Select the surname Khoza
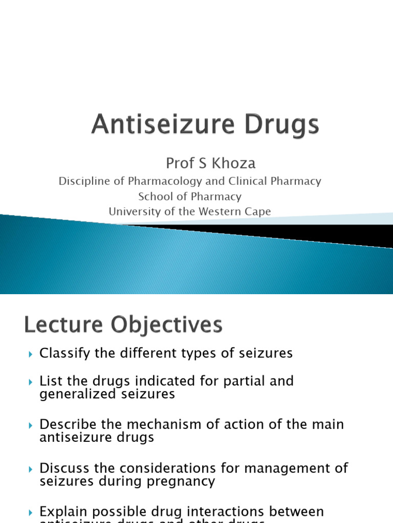(x=233, y=163)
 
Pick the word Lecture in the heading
(x=60, y=325)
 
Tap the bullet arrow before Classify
(x=31, y=354)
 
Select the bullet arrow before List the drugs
(x=31, y=382)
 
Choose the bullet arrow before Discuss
(x=31, y=469)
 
